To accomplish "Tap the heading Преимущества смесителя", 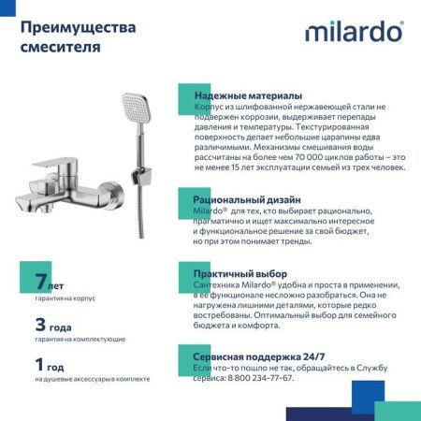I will [x=72, y=36].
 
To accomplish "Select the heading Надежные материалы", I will [x=247, y=96].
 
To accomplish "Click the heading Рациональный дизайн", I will [x=247, y=200].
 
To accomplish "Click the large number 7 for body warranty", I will [x=40, y=280].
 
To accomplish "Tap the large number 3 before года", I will [x=40, y=326].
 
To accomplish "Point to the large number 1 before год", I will [x=39, y=365].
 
